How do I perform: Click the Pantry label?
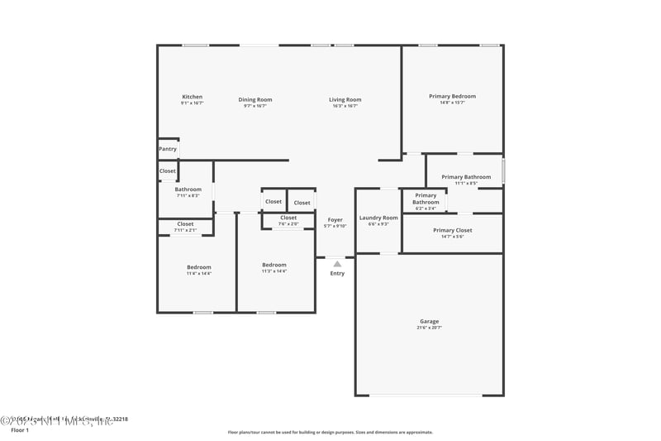(x=168, y=149)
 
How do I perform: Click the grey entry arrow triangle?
(x=337, y=264)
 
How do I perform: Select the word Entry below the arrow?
(x=337, y=273)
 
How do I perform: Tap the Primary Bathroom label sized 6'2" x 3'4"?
(x=426, y=199)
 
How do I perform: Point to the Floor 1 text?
(x=20, y=430)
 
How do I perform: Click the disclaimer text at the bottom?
(x=330, y=432)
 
